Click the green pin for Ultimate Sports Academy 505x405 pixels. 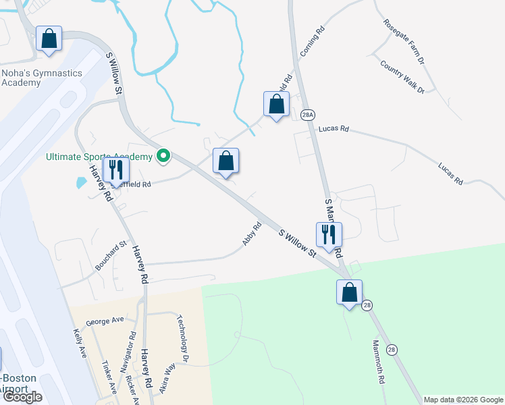(x=163, y=157)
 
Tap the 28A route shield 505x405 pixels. (x=308, y=114)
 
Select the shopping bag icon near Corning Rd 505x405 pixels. (x=275, y=105)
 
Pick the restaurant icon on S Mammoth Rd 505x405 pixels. (x=329, y=235)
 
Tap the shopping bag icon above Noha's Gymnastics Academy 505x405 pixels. (x=49, y=38)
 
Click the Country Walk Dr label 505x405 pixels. (x=402, y=77)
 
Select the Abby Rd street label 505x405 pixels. (x=251, y=234)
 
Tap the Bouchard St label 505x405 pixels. (x=111, y=256)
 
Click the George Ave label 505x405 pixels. (x=105, y=321)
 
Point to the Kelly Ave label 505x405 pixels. (x=80, y=343)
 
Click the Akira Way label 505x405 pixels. (x=167, y=378)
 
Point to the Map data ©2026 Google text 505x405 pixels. (x=462, y=400)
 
